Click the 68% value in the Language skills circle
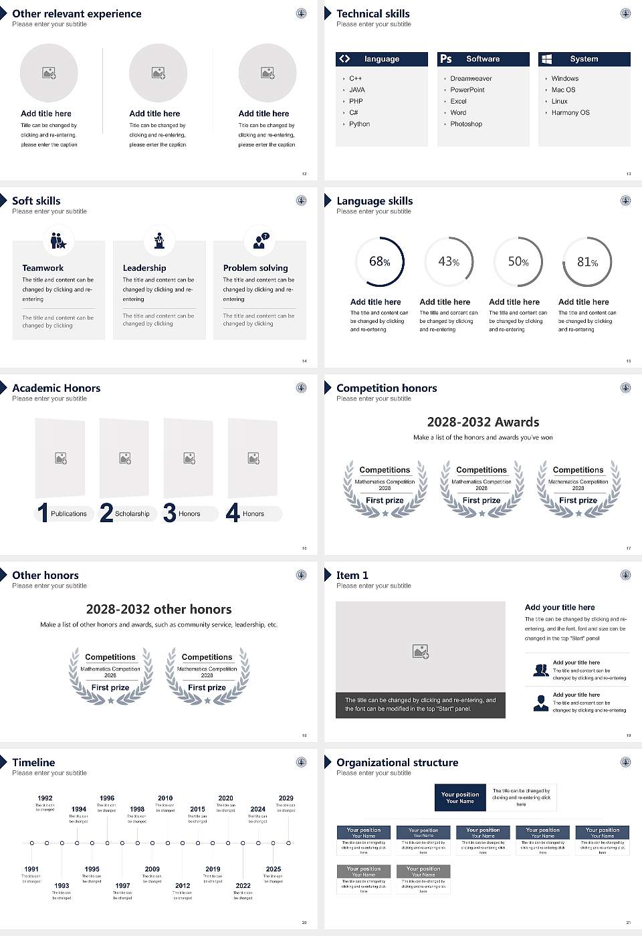(379, 261)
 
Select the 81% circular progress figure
(587, 261)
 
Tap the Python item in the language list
(359, 124)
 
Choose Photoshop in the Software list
(466, 124)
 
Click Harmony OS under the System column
(570, 112)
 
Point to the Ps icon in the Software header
(446, 59)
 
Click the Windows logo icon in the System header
(546, 59)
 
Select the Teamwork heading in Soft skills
(43, 267)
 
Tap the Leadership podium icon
(159, 240)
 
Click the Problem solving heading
(255, 267)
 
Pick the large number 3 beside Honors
(170, 513)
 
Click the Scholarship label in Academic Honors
(132, 513)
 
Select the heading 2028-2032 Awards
(483, 422)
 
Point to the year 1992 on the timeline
(45, 798)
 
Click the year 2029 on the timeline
(286, 798)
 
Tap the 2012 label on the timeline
(183, 885)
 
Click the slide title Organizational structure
(397, 762)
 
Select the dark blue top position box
(460, 798)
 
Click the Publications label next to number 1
(69, 513)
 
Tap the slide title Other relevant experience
(77, 13)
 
